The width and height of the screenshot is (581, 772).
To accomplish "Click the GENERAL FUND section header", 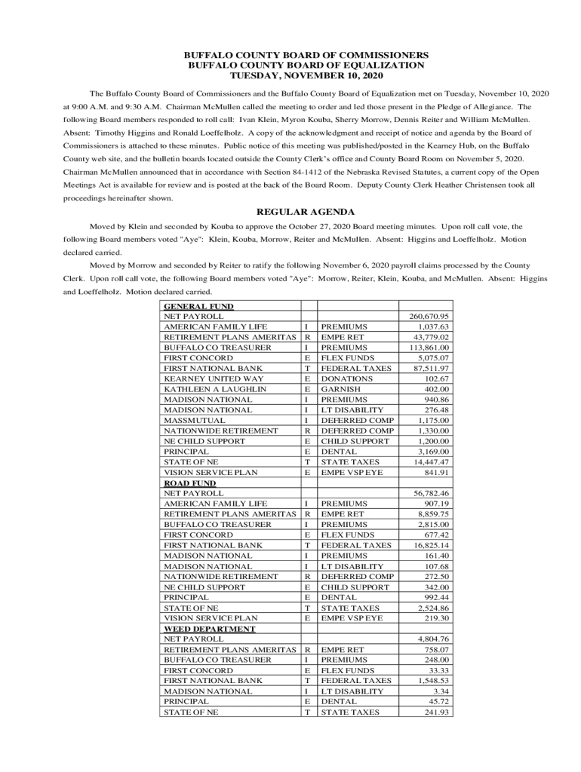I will click(x=198, y=306).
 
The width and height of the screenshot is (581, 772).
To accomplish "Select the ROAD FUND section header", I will click(x=189, y=483).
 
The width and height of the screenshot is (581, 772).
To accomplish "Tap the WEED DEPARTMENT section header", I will click(x=209, y=629).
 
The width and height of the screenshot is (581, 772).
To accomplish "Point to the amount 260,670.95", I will click(x=429, y=317).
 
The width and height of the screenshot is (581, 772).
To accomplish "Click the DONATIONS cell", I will click(x=346, y=378).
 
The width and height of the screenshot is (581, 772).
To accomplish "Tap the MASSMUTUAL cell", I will click(x=194, y=420).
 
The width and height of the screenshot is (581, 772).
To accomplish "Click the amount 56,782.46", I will click(x=432, y=493).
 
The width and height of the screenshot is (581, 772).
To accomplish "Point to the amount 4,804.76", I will click(x=433, y=639).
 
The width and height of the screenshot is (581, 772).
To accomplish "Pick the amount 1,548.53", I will click(x=433, y=680).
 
